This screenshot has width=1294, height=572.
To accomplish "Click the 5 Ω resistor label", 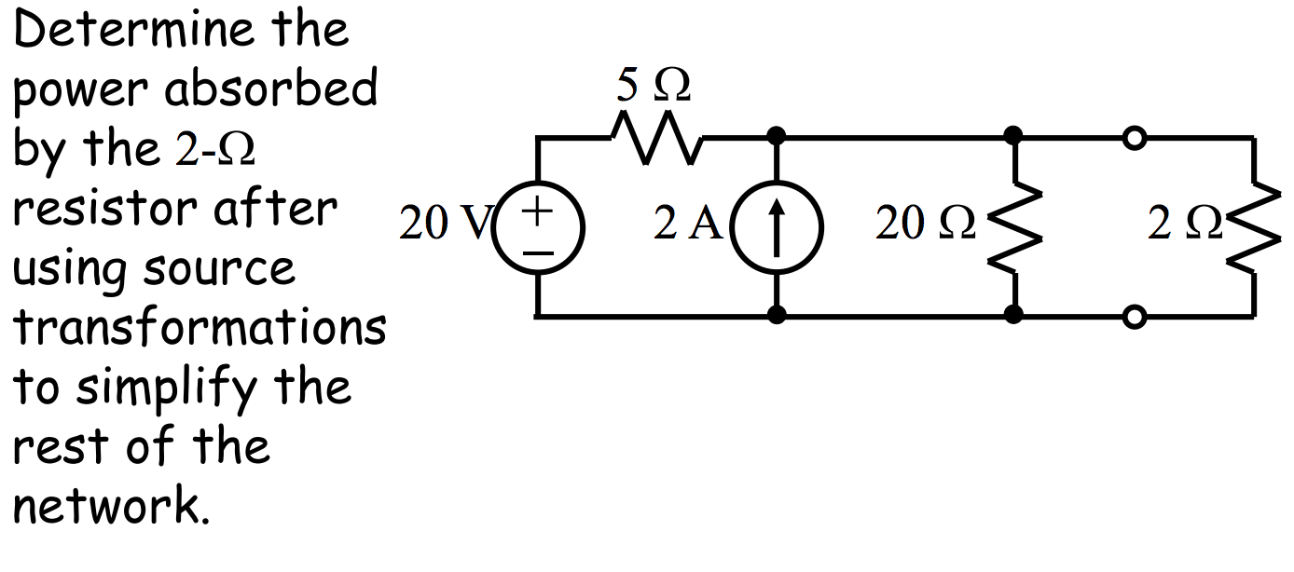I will pos(654,87).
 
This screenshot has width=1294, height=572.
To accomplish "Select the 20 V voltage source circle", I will pos(537,225).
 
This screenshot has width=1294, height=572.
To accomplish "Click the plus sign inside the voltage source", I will pos(537,211).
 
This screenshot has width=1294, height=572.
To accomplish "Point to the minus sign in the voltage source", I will pos(538,250).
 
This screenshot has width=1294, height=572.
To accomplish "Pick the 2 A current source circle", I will pos(776,225).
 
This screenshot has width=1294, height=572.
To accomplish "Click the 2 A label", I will pos(687,225).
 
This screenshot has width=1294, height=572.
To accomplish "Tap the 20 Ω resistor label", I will pos(926,225).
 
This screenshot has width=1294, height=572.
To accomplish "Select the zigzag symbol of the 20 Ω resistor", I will pos(1014,226).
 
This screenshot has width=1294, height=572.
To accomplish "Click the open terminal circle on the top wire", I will pos(1134,139).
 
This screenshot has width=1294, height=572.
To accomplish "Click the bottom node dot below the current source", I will pos(776,316).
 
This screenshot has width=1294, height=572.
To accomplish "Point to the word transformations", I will pos(199,328).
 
